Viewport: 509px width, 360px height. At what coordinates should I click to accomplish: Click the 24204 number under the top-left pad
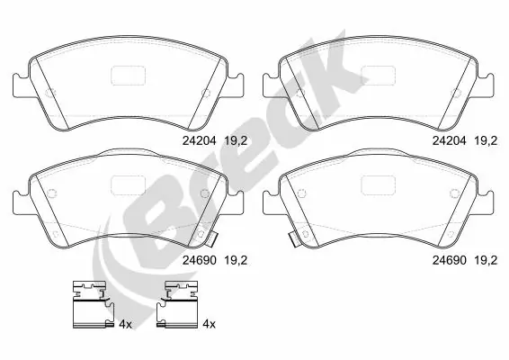(x=199, y=140)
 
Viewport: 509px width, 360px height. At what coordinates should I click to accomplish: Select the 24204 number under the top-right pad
(x=449, y=140)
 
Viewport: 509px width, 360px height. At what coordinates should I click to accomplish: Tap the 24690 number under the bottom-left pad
(x=199, y=260)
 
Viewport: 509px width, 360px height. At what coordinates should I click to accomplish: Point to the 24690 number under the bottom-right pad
(x=449, y=260)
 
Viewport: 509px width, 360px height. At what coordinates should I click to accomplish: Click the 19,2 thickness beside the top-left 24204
(x=236, y=141)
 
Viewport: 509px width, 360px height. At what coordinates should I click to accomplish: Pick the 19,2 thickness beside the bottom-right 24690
(x=486, y=260)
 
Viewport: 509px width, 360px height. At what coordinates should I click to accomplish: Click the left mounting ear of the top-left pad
(x=21, y=85)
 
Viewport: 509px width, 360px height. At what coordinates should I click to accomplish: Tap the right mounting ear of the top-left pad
(x=236, y=85)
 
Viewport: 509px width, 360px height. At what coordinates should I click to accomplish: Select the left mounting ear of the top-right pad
(x=271, y=85)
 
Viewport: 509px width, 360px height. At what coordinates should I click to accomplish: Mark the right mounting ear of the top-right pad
(x=486, y=85)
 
